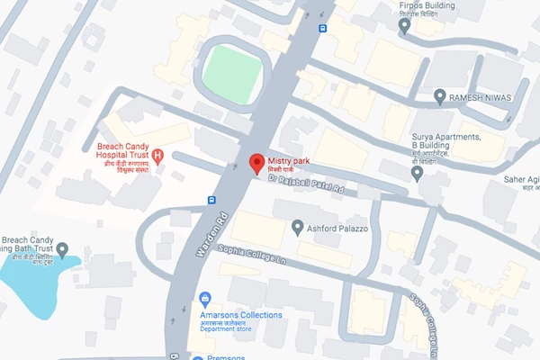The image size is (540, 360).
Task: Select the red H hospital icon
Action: click(158, 157)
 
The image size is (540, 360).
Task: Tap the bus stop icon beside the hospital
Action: click(211, 200)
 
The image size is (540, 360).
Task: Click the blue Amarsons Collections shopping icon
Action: click(204, 298)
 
